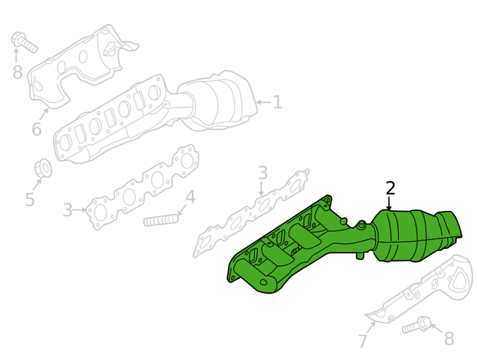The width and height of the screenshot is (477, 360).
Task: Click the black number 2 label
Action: pos(390,188)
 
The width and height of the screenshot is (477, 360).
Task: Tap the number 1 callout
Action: pos(277,103)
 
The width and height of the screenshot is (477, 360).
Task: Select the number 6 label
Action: pos(37,130)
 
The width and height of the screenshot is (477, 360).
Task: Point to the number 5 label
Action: pos(30,200)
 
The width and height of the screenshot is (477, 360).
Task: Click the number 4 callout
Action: pos(190,198)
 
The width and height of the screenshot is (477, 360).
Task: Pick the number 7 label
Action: pos(363,342)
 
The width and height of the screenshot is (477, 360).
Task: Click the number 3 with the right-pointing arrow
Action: pos(68,210)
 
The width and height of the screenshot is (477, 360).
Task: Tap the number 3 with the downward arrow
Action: pos(262,173)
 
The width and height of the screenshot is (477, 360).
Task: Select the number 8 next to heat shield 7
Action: pos(449,339)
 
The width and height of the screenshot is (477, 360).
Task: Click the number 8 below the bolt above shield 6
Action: pos(18,72)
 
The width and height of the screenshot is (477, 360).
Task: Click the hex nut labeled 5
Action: pos(43,168)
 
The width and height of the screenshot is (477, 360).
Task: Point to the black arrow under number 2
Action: pos(388,203)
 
